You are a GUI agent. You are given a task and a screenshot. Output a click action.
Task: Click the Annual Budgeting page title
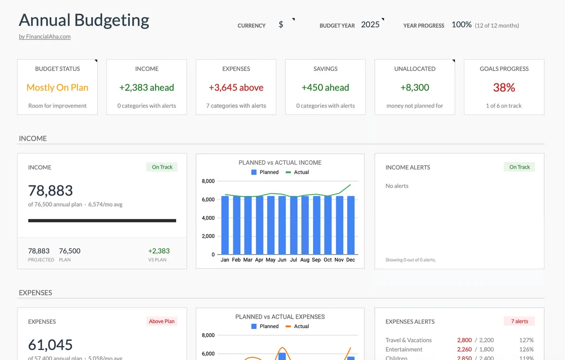coord(84,20)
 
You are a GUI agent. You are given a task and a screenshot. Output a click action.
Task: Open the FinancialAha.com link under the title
coord(45,37)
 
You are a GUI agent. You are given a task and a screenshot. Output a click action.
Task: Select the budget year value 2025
coord(370,25)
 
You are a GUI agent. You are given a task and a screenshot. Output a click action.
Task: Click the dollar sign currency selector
coord(281,25)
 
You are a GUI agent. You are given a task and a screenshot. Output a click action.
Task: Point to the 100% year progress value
coord(461,25)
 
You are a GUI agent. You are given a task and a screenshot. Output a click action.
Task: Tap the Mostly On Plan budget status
coord(57,88)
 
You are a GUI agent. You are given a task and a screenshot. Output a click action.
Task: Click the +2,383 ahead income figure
coord(146,88)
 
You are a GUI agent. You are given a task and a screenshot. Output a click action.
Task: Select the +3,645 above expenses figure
coord(236,88)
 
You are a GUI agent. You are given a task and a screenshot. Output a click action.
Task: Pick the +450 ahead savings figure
coord(325,88)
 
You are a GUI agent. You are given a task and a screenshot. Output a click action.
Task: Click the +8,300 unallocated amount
coord(415,88)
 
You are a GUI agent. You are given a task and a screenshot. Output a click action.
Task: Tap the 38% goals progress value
coord(504,88)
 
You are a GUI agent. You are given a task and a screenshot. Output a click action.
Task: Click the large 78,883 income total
coord(50,191)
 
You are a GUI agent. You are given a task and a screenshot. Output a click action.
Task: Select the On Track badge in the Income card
coord(162,167)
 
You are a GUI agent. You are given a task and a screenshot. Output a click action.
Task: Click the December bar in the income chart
coord(351,225)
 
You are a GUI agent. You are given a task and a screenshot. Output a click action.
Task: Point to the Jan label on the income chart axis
coord(225,260)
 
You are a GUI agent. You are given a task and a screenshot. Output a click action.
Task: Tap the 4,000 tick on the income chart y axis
coord(208,218)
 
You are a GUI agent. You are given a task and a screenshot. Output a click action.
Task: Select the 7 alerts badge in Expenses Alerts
coord(519,321)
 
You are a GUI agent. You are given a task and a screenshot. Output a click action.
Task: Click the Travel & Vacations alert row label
coord(408,340)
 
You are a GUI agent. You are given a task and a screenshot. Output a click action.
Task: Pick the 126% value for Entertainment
coord(526,350)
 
